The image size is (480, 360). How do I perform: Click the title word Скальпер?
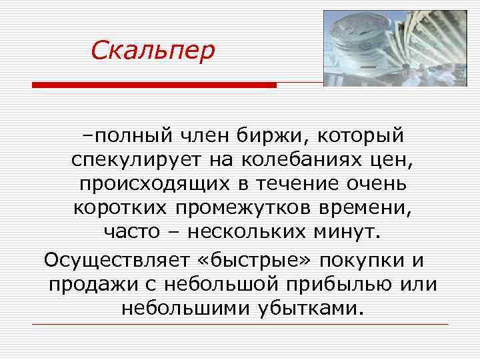153,49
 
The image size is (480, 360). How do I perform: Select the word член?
200,136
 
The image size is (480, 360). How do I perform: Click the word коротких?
121,208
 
